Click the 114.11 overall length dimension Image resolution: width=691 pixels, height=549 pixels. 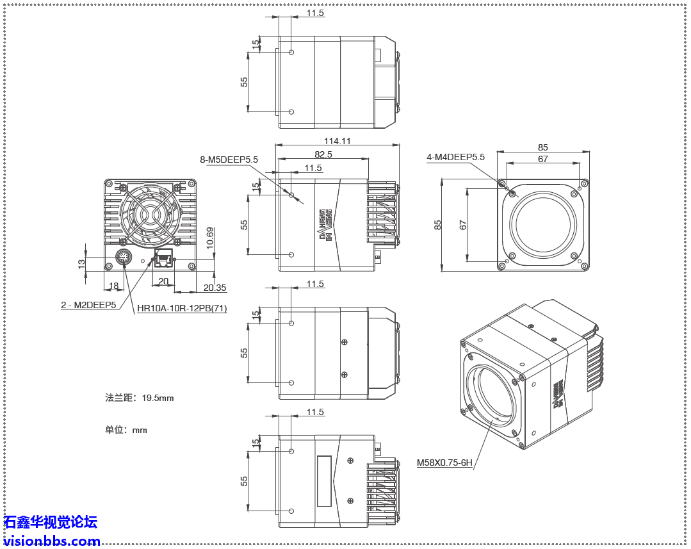click(x=337, y=141)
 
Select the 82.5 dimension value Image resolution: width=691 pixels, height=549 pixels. click(x=323, y=154)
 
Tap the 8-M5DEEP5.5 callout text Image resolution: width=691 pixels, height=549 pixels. click(x=229, y=160)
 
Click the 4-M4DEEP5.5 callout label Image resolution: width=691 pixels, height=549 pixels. click(x=455, y=157)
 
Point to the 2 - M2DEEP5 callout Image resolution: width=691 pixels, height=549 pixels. click(x=88, y=305)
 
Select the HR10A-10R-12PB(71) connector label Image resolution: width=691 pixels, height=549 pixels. click(x=182, y=309)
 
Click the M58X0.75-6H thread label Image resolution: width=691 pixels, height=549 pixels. click(x=444, y=462)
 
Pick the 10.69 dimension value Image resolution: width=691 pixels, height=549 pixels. click(x=210, y=238)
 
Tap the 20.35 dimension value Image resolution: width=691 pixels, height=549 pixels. click(x=215, y=288)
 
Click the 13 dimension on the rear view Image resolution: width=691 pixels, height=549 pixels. click(x=81, y=263)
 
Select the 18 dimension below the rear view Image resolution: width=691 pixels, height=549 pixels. click(x=113, y=286)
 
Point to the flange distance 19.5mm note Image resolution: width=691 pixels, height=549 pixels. click(x=140, y=398)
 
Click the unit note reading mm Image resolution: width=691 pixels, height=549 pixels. click(x=126, y=430)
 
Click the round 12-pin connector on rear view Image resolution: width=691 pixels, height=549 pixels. click(x=124, y=258)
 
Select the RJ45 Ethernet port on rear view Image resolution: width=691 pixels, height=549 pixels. click(x=164, y=260)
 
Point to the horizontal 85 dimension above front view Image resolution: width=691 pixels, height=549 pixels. click(x=543, y=147)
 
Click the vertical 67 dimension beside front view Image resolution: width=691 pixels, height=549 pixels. click(x=463, y=225)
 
